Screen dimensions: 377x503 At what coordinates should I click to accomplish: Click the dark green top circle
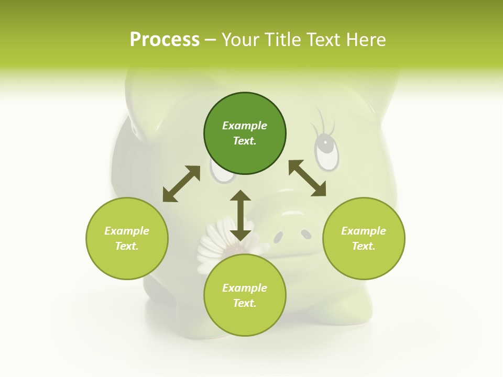point(245,134)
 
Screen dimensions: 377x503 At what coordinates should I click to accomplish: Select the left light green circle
point(127,238)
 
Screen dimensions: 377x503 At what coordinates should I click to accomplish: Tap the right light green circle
point(364,238)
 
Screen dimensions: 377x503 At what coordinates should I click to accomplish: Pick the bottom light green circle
point(245,295)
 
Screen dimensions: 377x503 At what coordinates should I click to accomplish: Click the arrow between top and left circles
point(181,184)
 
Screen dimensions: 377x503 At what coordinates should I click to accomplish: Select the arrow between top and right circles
point(307,178)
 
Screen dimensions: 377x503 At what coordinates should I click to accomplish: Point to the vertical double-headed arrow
point(240,215)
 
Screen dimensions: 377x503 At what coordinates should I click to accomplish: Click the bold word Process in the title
point(165,40)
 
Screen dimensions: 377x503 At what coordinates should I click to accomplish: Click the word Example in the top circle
point(245,126)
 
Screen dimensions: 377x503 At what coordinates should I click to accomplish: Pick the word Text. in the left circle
point(127,246)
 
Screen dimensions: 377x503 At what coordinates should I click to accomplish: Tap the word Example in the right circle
point(364,231)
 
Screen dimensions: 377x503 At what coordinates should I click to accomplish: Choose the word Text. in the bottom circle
point(245,303)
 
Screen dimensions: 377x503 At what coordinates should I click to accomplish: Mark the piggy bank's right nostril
point(305,235)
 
